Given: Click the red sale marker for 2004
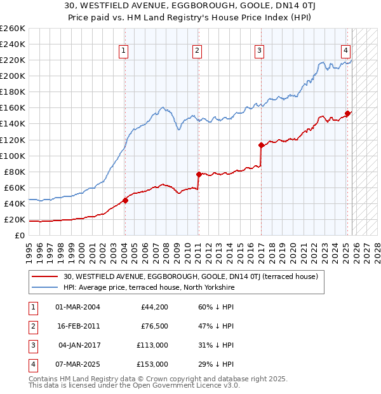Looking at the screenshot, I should coord(125,200).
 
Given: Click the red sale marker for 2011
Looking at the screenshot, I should coord(199,174).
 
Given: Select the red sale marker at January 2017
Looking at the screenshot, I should coord(261,145).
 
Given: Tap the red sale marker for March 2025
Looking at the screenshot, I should coord(347,114).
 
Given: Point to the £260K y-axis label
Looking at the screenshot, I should coord(12,29).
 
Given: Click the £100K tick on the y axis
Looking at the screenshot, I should coord(12,156).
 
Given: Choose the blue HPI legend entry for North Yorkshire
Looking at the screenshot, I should coord(149,287).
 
